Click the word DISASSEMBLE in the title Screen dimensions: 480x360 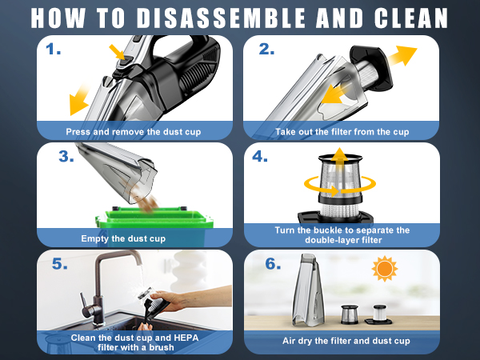(221, 18)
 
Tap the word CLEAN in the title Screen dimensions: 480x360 (411, 18)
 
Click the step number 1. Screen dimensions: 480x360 (54, 49)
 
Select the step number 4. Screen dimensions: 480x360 (259, 156)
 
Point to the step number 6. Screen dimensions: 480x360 (273, 263)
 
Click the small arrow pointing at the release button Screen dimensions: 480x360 (117, 52)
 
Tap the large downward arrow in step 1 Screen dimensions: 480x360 (78, 100)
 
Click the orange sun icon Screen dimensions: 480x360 (385, 269)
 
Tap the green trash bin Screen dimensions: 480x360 (154, 226)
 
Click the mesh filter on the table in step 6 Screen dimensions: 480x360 (350, 314)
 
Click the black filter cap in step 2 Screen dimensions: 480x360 (371, 68)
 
